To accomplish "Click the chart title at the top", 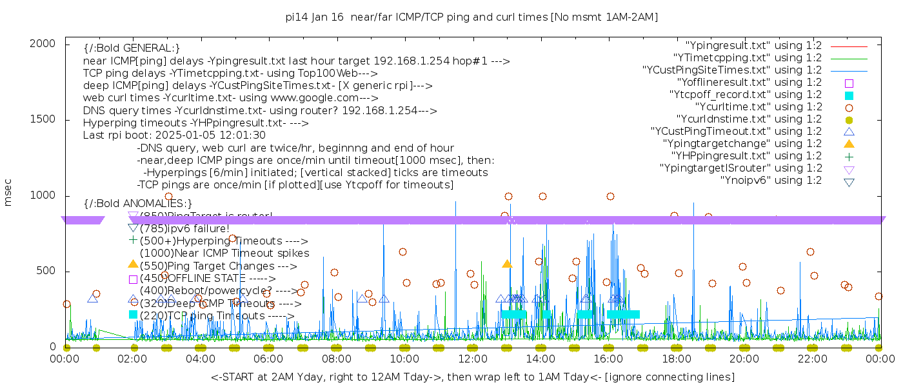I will point(471,17).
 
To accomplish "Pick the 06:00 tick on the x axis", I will point(269,359).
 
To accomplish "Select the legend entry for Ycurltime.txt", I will point(758,107).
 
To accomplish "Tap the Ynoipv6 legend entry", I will point(771,181).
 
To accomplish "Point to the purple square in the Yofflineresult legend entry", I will point(849,83).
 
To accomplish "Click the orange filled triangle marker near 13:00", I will point(507,264).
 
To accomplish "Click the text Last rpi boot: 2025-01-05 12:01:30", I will point(174,135).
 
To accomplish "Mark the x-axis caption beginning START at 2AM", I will point(472,377).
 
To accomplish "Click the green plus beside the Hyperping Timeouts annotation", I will point(134,239).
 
